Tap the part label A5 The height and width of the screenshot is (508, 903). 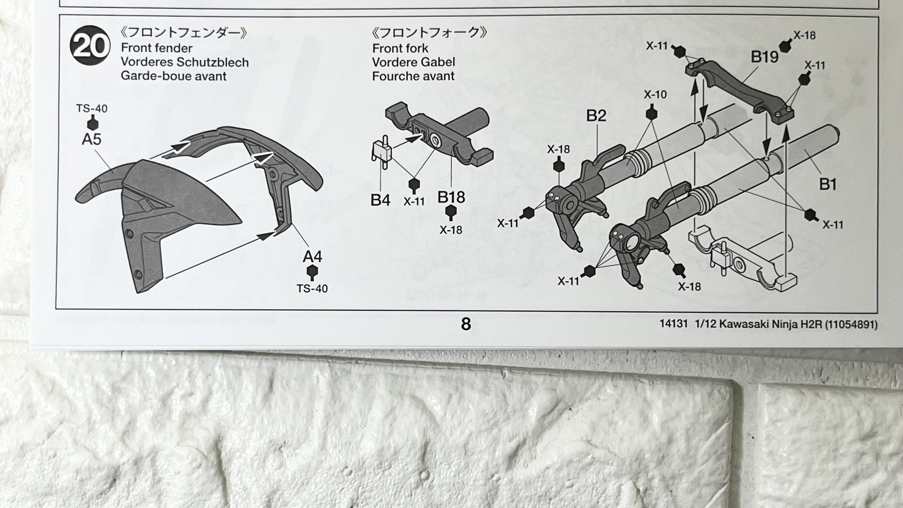92,139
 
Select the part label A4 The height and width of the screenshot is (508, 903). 312,257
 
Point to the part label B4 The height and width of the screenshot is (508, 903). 380,200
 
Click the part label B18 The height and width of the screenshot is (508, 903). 451,197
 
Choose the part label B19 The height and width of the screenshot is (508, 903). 764,57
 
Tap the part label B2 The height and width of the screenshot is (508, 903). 596,116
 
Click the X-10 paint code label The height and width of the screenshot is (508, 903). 655,95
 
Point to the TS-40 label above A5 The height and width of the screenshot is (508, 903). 92,109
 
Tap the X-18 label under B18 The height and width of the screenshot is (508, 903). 451,230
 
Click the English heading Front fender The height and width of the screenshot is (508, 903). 157,48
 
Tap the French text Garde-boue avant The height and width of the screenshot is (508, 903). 174,76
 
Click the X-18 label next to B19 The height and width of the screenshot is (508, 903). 804,35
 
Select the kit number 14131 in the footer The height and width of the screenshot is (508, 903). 673,324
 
